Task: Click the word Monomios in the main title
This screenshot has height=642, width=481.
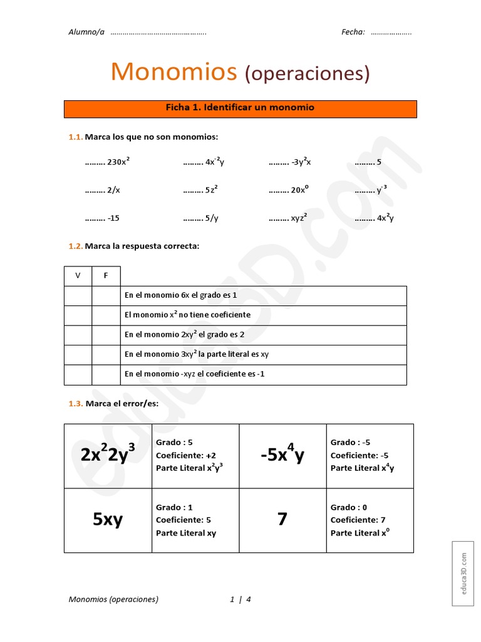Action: (x=173, y=72)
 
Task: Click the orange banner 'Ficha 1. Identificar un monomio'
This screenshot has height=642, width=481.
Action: (x=240, y=108)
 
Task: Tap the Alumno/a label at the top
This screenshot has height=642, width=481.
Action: (x=86, y=33)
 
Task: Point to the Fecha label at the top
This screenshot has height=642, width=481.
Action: (x=353, y=33)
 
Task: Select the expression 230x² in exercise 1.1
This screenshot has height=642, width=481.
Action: (x=118, y=162)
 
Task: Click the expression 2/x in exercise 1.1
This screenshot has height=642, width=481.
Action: (x=113, y=190)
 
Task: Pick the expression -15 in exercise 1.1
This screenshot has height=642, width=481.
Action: (x=113, y=218)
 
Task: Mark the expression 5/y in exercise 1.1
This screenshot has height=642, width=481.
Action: (x=212, y=218)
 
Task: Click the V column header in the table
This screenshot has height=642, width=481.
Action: (x=78, y=276)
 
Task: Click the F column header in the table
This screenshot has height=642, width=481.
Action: (x=106, y=276)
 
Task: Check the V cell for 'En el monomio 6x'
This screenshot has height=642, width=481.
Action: (x=78, y=295)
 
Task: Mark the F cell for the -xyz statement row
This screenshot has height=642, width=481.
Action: (x=106, y=374)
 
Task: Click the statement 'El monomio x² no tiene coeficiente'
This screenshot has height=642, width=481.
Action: (x=187, y=315)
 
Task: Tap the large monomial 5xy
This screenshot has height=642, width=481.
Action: (x=108, y=519)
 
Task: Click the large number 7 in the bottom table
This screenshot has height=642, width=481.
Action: (x=282, y=519)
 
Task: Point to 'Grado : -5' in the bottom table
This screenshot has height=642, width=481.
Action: (x=351, y=443)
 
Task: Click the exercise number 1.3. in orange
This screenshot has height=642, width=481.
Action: (x=75, y=404)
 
